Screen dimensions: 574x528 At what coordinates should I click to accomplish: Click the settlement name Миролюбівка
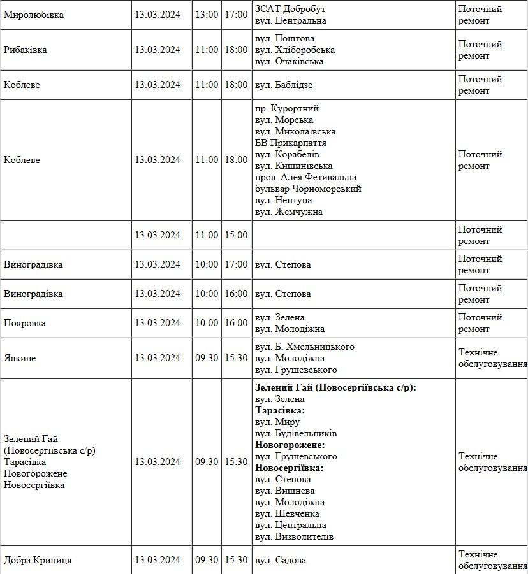pos(34,15)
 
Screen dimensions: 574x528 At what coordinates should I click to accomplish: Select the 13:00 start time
pos(207,15)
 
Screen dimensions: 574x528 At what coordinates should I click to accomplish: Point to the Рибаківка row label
pos(26,50)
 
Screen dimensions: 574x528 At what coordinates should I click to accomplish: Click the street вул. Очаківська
pos(289,61)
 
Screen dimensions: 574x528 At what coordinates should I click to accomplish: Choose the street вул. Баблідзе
pos(284,85)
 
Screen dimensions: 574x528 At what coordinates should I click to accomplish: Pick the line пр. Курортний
pos(286,108)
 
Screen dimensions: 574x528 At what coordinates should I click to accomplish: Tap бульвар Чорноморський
pos(308,189)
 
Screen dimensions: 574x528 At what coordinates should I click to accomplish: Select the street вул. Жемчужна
pos(288,212)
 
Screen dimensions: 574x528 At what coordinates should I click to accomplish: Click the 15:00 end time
pos(236,235)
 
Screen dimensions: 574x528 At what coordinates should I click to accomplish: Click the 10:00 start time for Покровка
pos(207,323)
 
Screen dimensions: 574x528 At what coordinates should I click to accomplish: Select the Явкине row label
pos(20,358)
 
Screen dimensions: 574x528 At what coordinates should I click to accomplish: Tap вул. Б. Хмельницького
pos(304,347)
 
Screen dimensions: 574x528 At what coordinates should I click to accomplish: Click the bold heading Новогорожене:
pos(290,445)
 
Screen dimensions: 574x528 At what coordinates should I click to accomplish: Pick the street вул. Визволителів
pos(294,536)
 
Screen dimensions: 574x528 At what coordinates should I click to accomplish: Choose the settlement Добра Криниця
pos(38,560)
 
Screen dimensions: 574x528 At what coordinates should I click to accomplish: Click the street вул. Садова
pos(281,560)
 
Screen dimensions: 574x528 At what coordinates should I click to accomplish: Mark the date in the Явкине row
pos(158,358)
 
